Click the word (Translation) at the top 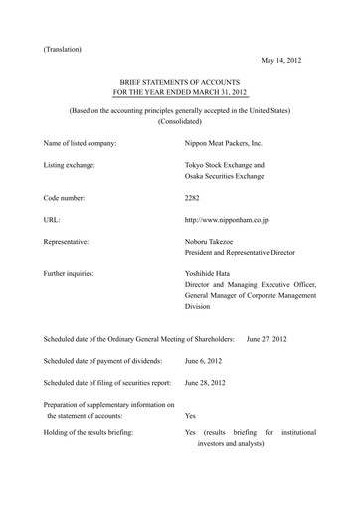(x=63, y=49)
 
